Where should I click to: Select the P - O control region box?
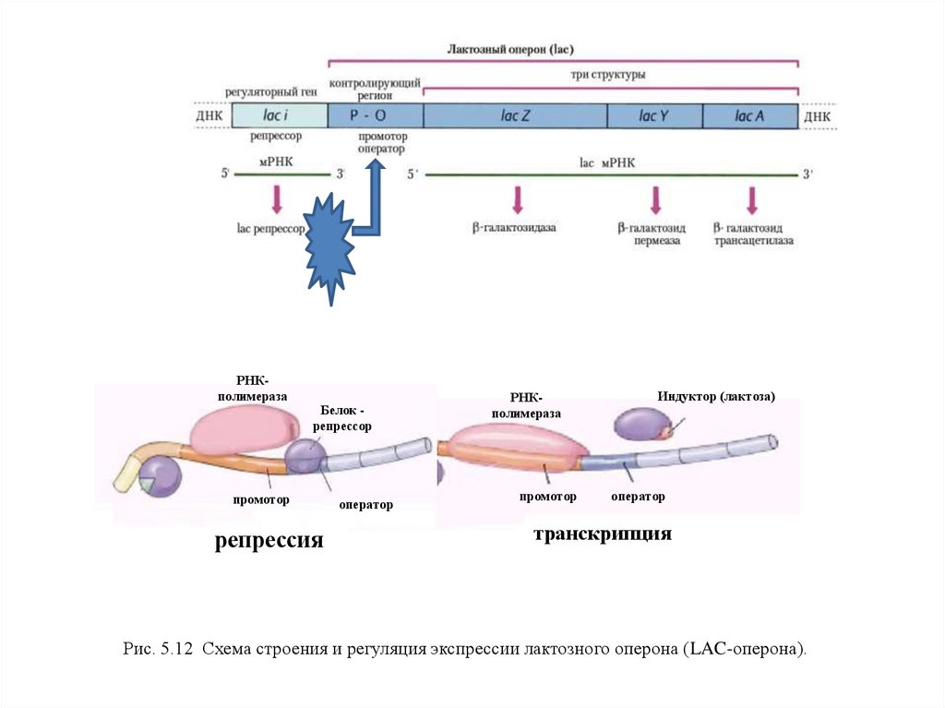375,115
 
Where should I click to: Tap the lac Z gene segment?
514,115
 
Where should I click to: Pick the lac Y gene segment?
654,115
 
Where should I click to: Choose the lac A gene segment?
749,115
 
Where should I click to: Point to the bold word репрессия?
269,540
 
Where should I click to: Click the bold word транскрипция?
601,534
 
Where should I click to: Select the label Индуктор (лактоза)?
716,396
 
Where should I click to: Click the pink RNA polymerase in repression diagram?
244,429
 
